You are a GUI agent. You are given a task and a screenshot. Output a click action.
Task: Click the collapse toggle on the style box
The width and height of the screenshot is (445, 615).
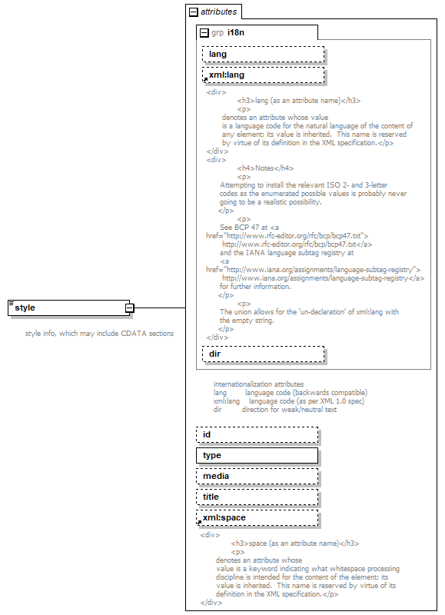(x=130, y=307)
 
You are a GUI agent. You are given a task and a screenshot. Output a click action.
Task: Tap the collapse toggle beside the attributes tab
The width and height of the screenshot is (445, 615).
(x=193, y=12)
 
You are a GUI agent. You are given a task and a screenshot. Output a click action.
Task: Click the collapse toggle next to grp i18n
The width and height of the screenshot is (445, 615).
(x=204, y=33)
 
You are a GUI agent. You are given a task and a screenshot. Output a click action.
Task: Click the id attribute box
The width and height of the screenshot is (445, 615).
(x=257, y=435)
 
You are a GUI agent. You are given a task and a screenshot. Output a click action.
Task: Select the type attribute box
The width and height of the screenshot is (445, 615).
(x=257, y=456)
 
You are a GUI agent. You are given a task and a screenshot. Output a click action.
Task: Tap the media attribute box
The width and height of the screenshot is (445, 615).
(x=257, y=477)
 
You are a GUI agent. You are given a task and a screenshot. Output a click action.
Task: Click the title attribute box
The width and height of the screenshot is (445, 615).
(x=257, y=497)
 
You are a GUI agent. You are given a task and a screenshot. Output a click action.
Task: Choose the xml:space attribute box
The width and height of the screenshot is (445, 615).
(x=257, y=518)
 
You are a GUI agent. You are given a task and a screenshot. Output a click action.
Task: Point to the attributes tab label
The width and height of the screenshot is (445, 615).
(x=218, y=12)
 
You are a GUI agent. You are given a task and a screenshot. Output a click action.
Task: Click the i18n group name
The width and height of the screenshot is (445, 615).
(x=235, y=33)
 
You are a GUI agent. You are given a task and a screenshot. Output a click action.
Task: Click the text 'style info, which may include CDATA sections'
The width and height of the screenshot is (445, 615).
(x=99, y=334)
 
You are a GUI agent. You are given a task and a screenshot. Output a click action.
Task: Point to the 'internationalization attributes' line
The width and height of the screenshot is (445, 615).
(x=258, y=384)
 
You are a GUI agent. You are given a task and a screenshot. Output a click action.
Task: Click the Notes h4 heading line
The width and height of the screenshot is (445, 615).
(x=265, y=168)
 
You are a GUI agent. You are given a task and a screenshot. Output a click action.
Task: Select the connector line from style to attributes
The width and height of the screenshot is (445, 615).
(x=160, y=307)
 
